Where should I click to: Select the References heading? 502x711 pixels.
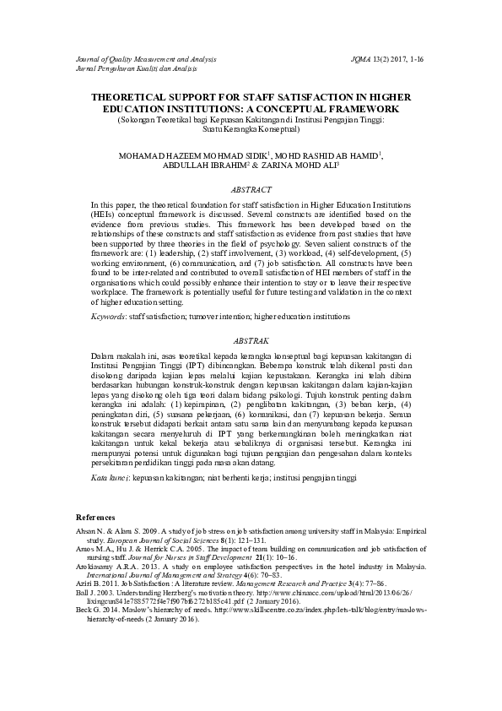(95, 516)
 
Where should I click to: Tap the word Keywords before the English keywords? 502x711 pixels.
(109, 315)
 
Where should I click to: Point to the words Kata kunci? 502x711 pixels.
(111, 477)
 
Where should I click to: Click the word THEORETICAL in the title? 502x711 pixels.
(143, 99)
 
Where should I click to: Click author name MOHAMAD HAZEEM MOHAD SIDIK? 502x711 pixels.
(192, 155)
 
